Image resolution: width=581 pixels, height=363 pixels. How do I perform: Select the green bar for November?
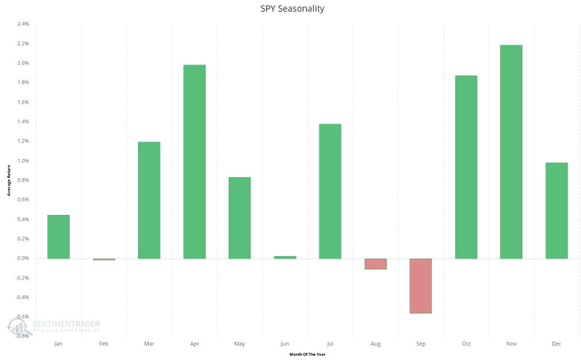[x=511, y=152]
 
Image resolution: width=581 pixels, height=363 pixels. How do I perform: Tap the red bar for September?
[x=420, y=286]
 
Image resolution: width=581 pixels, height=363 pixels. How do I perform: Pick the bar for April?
[x=194, y=162]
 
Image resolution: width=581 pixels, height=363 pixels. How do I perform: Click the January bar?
[x=58, y=237]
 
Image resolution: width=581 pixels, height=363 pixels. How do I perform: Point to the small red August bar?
[x=375, y=264]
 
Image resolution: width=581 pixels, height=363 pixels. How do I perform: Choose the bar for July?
[x=330, y=191]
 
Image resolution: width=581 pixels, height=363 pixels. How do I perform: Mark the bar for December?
[x=556, y=211]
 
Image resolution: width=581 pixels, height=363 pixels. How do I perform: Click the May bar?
[x=240, y=218]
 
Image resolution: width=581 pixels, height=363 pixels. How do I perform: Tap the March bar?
[x=149, y=201]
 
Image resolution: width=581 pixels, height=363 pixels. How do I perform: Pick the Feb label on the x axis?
[x=103, y=345]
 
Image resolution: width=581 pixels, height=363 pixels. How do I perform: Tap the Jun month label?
[x=285, y=345]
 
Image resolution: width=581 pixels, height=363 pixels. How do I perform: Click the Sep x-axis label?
[x=420, y=345]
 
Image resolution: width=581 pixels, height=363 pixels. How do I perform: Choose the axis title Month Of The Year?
[x=307, y=356]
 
